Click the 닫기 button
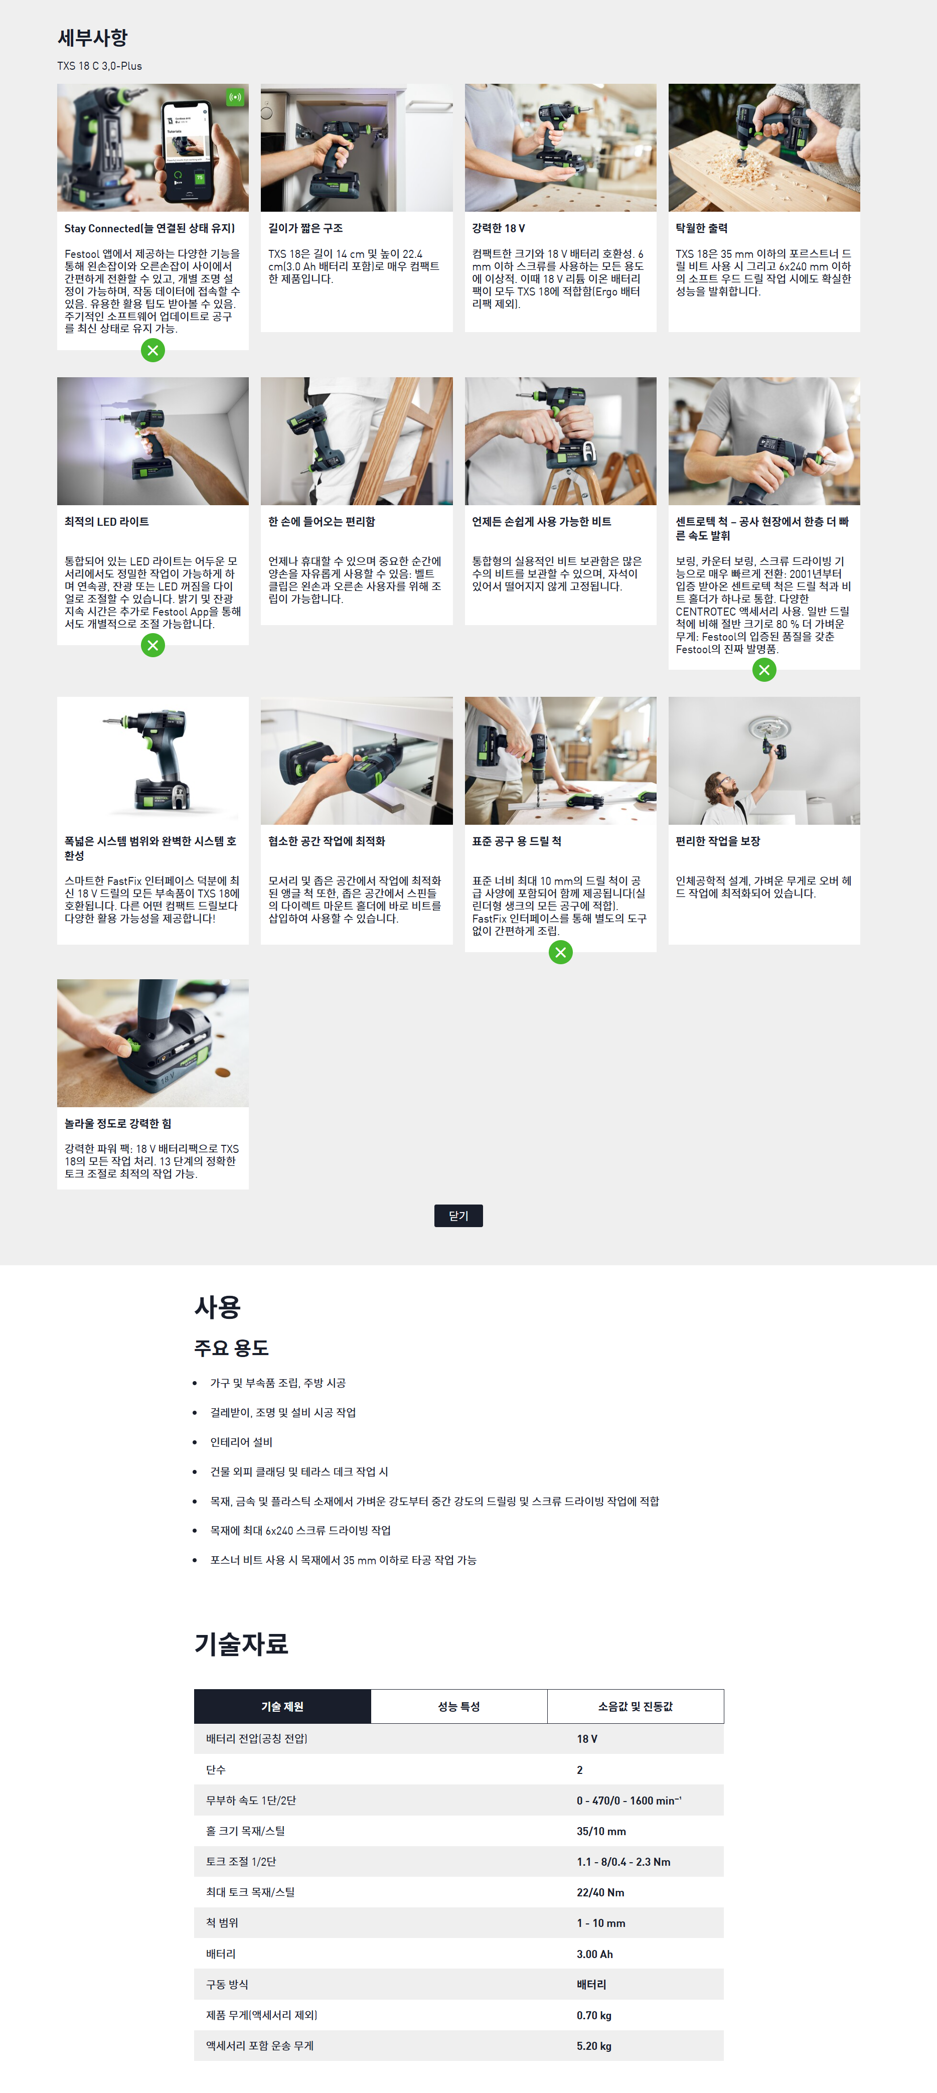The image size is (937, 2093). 458,1216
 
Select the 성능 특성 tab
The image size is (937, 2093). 459,1706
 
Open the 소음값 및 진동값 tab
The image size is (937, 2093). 636,1706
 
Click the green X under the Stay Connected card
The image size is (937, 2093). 153,350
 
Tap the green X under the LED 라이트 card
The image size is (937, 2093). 153,645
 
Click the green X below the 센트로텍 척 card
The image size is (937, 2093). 764,670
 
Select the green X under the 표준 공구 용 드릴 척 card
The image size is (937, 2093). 561,952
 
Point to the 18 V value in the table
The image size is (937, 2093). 587,1739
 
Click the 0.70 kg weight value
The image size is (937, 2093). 594,2015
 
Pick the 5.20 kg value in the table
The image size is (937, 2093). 594,2046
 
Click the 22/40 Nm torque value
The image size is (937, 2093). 600,1892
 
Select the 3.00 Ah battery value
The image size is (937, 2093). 595,1954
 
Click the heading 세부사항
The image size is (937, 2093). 93,37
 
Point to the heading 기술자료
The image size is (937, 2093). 241,1643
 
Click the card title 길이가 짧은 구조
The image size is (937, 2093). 305,228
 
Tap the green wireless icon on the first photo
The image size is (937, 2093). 235,97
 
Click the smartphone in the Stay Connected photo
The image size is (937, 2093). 189,152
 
